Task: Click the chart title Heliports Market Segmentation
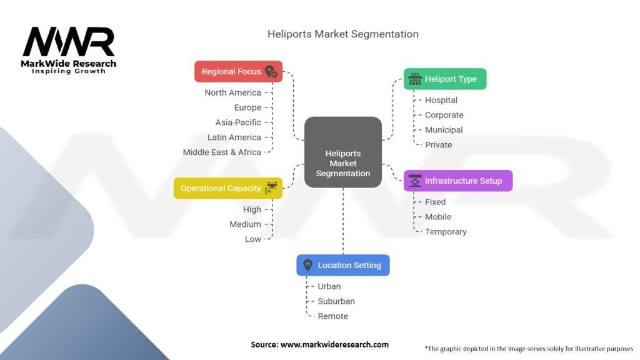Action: [x=343, y=34]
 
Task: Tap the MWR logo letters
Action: [x=69, y=41]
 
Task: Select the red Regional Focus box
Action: [x=238, y=71]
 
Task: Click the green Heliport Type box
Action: [x=445, y=79]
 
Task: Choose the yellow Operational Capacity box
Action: [x=227, y=188]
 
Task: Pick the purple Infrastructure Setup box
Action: [x=458, y=181]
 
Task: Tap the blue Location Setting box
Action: [x=343, y=265]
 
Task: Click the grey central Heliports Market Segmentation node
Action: [x=343, y=152]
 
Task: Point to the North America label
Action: [x=232, y=92]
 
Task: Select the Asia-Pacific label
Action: [x=238, y=122]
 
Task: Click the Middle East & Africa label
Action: [x=222, y=152]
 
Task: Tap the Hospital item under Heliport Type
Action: [x=441, y=100]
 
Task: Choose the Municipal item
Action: [x=444, y=130]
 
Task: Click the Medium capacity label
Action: [x=245, y=224]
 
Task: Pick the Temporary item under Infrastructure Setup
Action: [x=446, y=232]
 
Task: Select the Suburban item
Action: [x=336, y=301]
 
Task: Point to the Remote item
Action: [x=332, y=316]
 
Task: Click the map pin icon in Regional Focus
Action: [x=271, y=71]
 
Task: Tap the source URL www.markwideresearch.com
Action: [x=334, y=344]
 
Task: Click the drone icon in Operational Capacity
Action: [x=271, y=187]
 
